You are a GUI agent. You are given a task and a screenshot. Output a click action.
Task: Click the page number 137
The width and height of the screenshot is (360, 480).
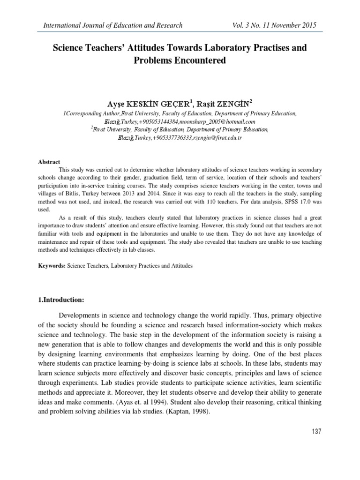pos(315,431)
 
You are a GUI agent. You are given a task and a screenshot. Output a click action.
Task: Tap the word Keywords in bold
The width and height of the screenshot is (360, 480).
pos(52,266)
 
